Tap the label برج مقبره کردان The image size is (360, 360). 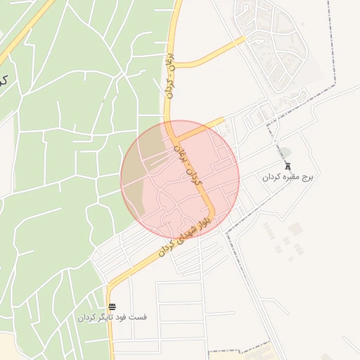(287, 177)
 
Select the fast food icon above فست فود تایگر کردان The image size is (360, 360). (113, 306)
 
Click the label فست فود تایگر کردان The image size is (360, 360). (112, 317)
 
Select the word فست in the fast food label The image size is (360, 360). (139, 317)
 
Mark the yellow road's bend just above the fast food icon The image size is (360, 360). (110, 288)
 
